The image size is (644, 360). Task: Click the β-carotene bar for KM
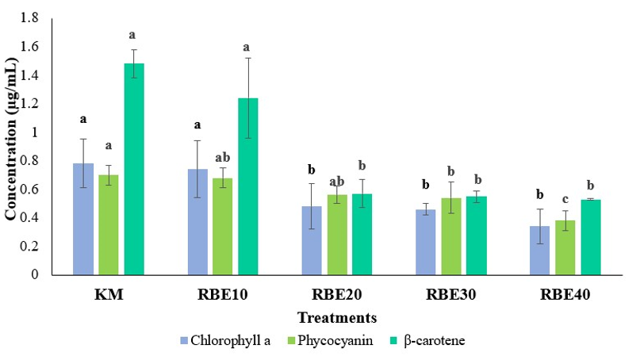coord(134,169)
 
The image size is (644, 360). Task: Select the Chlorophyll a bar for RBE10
coord(197,222)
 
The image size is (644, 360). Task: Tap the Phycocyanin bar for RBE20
coord(337,235)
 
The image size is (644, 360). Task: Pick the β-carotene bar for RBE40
coord(591,237)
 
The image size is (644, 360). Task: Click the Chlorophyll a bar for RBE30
coord(425,242)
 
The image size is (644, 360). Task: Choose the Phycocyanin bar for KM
coord(109,225)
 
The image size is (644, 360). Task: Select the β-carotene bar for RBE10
coord(248,187)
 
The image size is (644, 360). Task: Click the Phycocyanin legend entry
coord(330,340)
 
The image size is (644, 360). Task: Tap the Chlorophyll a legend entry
coord(225,340)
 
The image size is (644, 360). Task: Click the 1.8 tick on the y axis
coord(29,17)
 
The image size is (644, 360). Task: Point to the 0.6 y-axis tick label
coord(29,189)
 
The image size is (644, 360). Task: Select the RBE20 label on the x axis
coord(337,294)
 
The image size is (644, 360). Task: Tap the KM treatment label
coord(109,294)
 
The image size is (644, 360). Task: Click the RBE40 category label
coord(565,294)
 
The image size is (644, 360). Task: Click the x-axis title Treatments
coord(337,317)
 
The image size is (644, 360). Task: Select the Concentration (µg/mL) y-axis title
coord(11,138)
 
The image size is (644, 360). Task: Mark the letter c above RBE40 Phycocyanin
coord(565,200)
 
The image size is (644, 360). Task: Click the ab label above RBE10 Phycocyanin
coord(223,157)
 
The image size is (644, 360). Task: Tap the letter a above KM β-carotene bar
coord(132,36)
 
